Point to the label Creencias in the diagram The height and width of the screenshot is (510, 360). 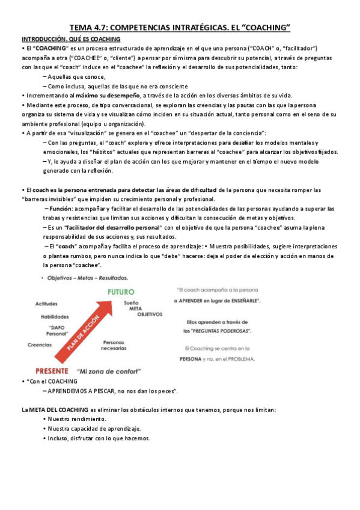(x=40, y=345)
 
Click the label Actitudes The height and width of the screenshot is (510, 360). (x=46, y=304)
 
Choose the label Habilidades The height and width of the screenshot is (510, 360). (x=55, y=316)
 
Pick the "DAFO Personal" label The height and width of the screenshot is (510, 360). (x=58, y=331)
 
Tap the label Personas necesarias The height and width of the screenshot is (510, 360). (x=114, y=345)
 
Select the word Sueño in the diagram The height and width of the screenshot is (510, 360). (x=132, y=302)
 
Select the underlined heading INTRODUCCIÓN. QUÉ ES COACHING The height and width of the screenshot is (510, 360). (x=71, y=38)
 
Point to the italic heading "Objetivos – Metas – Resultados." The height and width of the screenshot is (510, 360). (x=88, y=278)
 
